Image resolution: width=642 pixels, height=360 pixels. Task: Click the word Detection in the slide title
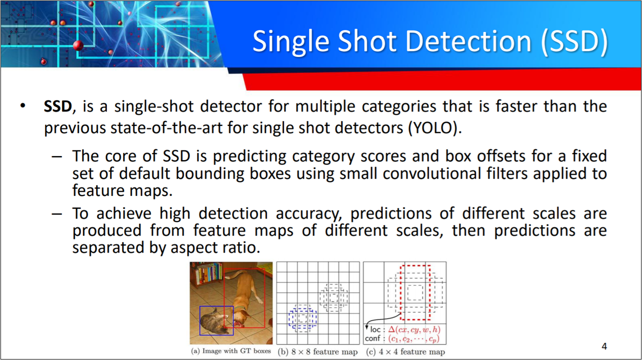pos(468,41)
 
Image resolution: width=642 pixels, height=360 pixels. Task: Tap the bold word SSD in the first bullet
pos(57,106)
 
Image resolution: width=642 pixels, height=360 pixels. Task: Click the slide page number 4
pos(604,346)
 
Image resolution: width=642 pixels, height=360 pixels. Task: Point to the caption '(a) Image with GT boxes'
pos(231,351)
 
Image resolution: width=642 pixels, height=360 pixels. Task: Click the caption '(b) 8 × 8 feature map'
pos(317,351)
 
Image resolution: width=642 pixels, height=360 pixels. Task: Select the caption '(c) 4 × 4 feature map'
pos(405,351)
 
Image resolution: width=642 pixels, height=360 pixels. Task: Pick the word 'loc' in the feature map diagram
pos(375,329)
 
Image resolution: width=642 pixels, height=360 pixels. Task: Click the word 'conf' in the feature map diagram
pos(372,338)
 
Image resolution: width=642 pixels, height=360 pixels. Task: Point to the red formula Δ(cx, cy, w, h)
pos(414,329)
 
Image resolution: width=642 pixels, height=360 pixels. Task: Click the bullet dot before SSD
pos(23,106)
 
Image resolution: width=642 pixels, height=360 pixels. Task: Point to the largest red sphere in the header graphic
pos(78,45)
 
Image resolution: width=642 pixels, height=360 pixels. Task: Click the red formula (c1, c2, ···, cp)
pos(414,339)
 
